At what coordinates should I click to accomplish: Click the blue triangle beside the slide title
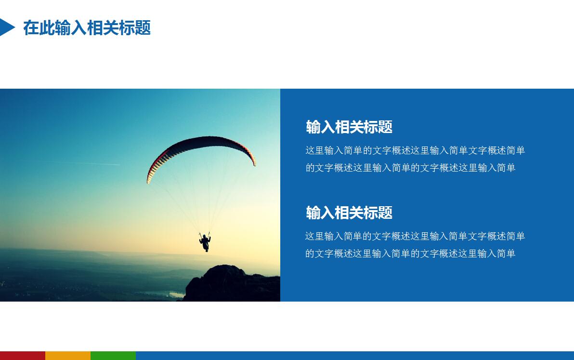[x=6, y=27]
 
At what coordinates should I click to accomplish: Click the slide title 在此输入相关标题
[x=87, y=28]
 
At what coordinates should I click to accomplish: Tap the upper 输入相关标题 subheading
[x=349, y=127]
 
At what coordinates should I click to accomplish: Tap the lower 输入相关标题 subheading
[x=349, y=213]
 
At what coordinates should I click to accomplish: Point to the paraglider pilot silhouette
[x=205, y=242]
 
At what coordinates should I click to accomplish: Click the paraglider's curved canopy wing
[x=202, y=144]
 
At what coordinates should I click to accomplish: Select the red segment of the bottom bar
[x=23, y=356]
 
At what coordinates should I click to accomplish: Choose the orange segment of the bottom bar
[x=68, y=356]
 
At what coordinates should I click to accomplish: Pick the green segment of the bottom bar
[x=113, y=356]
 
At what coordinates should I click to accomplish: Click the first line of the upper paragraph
[x=415, y=150]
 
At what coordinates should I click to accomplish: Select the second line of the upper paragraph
[x=410, y=168]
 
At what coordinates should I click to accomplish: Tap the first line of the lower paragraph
[x=415, y=236]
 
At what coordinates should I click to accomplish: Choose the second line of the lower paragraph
[x=410, y=253]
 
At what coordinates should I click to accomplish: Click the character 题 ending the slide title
[x=143, y=28]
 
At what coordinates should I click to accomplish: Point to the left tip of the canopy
[x=149, y=179]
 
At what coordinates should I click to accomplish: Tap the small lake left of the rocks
[x=176, y=294]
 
